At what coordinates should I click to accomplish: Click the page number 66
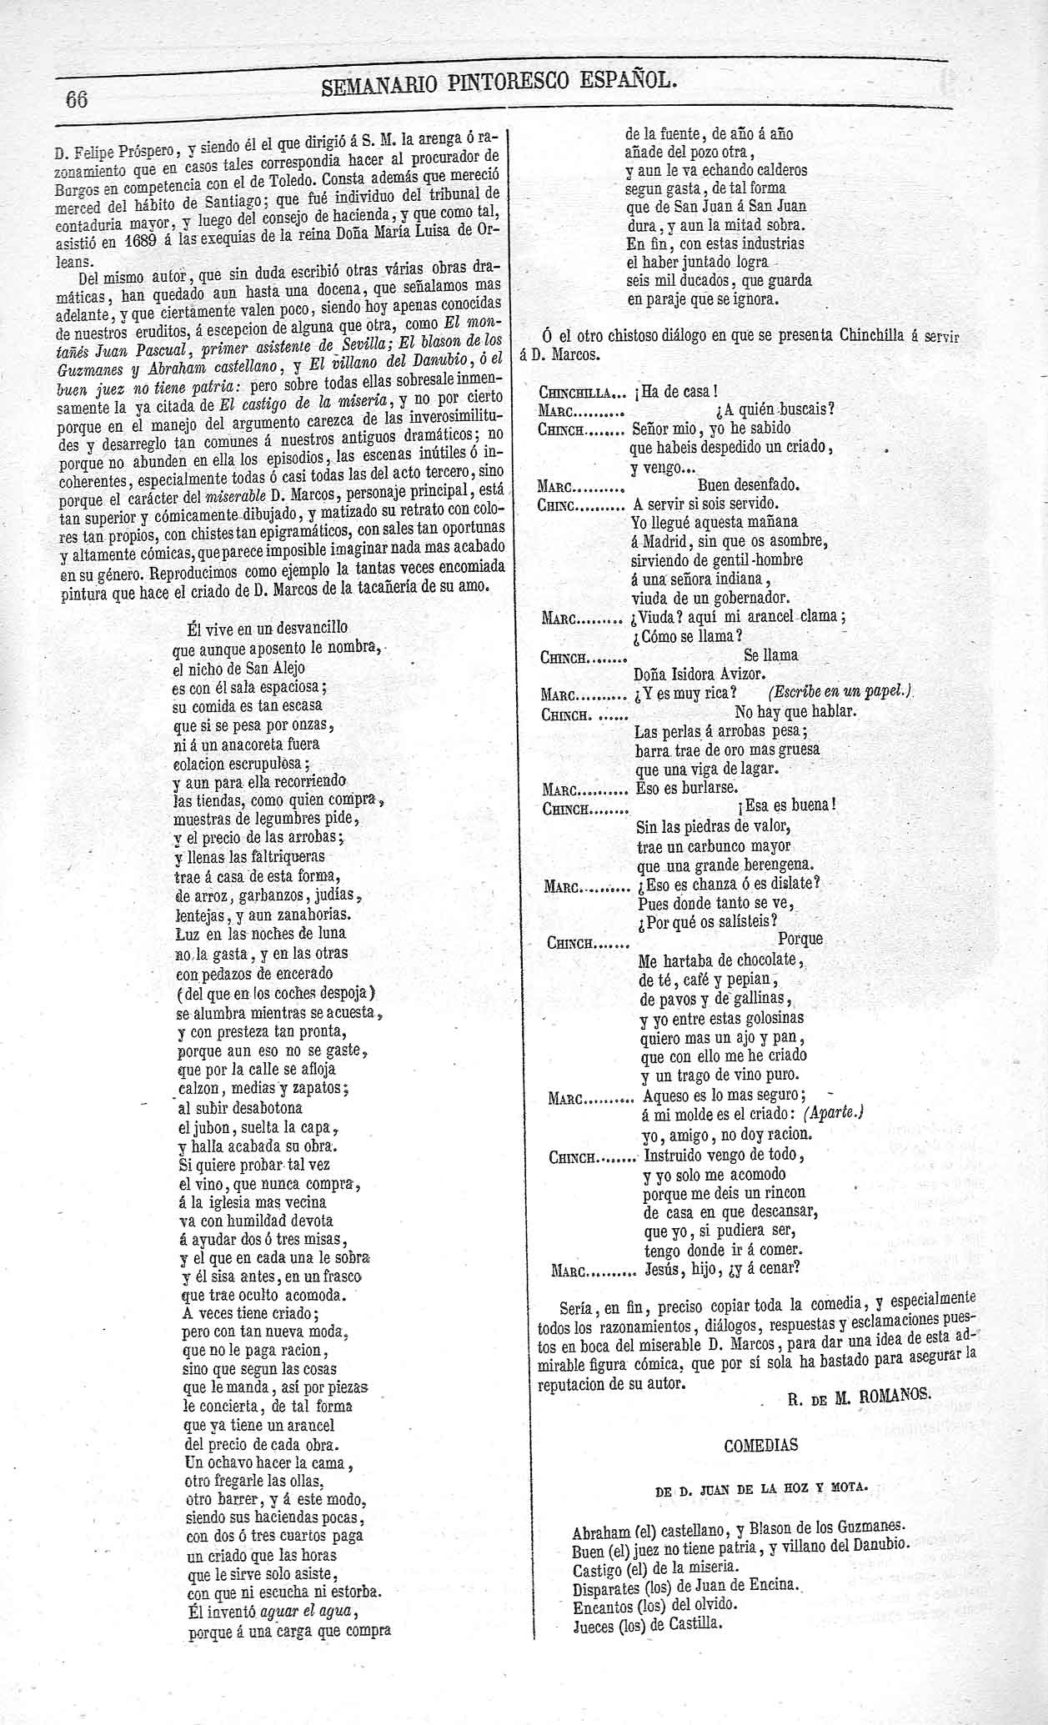click(77, 98)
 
